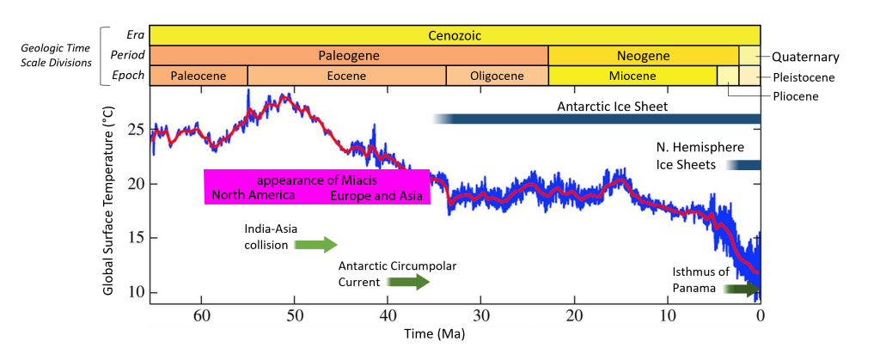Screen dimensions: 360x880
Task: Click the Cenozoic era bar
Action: click(455, 35)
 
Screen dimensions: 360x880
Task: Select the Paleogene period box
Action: click(349, 56)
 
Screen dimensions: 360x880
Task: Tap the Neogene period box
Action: click(643, 56)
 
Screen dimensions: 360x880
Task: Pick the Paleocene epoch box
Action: click(199, 76)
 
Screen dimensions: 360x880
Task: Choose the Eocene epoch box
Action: click(346, 76)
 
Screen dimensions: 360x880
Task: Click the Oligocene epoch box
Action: click(497, 76)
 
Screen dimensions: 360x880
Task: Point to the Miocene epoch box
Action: click(632, 76)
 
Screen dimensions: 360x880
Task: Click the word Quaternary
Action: click(805, 58)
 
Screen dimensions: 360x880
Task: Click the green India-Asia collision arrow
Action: click(316, 245)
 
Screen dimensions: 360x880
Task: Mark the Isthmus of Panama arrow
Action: click(741, 289)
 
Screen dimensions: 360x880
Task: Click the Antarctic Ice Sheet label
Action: click(613, 107)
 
